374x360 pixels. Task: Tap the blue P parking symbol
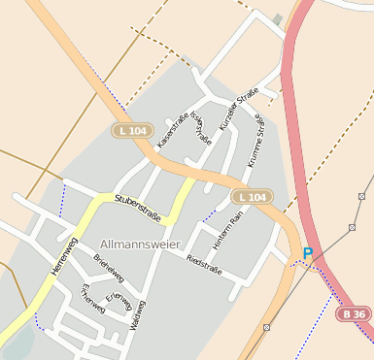[308, 253]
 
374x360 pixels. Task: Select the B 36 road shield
[354, 314]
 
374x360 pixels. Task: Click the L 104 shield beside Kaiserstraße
[134, 130]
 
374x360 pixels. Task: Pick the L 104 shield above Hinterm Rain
[250, 197]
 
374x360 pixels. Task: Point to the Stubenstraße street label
[137, 205]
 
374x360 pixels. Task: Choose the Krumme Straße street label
[255, 142]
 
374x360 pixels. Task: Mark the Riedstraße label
[204, 264]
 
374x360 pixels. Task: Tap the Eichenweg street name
[91, 298]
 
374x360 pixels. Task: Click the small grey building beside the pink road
[278, 19]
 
